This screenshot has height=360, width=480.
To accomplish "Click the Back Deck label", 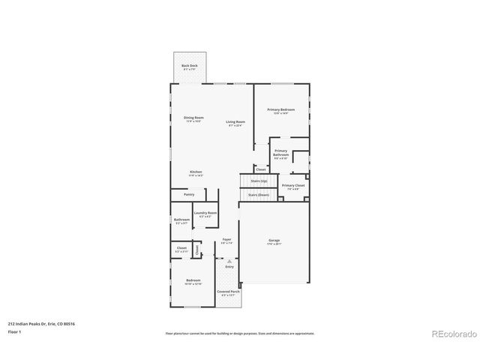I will (x=189, y=66).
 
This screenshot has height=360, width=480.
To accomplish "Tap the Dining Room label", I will (x=194, y=118).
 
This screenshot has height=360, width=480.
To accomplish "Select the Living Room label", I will (x=235, y=121).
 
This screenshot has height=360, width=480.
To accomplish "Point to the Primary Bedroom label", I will (x=281, y=110).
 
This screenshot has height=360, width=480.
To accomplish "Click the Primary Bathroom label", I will (x=280, y=152).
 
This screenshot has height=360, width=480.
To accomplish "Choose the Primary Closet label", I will (x=293, y=185).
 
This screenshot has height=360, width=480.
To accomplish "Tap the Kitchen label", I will (x=196, y=172).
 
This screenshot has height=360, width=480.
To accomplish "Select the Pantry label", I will (x=189, y=194).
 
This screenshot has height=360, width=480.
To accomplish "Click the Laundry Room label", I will (x=205, y=213).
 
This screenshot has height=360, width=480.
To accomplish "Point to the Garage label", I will (x=274, y=241).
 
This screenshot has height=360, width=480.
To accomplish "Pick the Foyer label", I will (x=226, y=240).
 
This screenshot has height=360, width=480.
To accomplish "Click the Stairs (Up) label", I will (x=259, y=181).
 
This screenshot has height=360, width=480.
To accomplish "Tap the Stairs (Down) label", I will (x=259, y=194).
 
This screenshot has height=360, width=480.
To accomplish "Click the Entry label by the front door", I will (x=229, y=266).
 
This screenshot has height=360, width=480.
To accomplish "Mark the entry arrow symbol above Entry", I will (x=229, y=260).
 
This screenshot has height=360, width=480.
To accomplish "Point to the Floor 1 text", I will (x=15, y=331).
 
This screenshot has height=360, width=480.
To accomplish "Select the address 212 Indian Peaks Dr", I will (x=41, y=323).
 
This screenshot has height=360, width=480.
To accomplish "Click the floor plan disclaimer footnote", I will (x=239, y=333).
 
